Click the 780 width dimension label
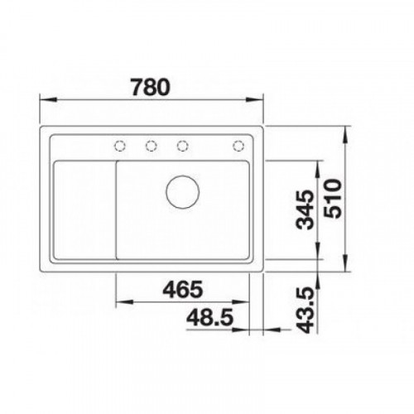[150, 87]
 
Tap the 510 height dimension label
[333, 199]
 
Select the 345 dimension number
[305, 209]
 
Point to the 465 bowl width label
[183, 289]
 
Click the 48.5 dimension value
[209, 317]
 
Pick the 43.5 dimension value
[306, 310]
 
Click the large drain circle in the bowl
[183, 191]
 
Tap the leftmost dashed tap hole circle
[120, 146]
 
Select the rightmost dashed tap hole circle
[238, 146]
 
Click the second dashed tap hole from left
[152, 146]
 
